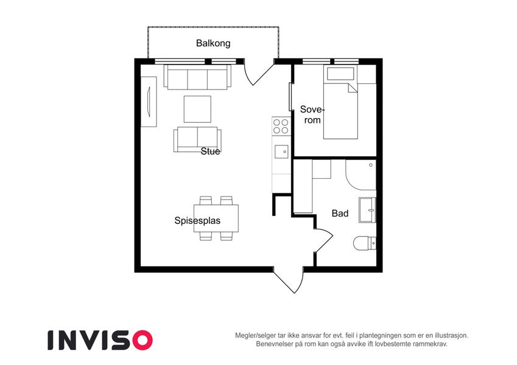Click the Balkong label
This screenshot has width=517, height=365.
tap(213, 43)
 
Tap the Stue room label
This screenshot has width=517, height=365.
tap(210, 151)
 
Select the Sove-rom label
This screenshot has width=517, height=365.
tap(312, 114)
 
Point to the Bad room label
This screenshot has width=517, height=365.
tap(340, 214)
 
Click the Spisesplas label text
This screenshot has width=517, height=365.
tap(197, 220)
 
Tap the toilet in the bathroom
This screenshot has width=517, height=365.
tap(365, 244)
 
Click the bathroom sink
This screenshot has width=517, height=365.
tap(367, 210)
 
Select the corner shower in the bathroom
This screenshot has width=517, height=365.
tap(361, 175)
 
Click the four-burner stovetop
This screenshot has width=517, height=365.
tap(281, 126)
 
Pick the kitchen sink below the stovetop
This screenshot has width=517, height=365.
tap(281, 152)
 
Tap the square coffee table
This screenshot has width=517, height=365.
tap(197, 109)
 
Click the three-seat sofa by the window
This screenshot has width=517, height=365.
tap(197, 77)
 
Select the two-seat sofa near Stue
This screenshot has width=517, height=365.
tap(197, 139)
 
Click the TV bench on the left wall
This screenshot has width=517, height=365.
tap(149, 102)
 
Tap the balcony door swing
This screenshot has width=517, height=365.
tap(259, 74)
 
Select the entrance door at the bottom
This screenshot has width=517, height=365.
tap(289, 280)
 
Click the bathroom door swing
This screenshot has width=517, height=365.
tap(323, 240)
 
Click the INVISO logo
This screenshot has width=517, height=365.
tap(100, 340)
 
